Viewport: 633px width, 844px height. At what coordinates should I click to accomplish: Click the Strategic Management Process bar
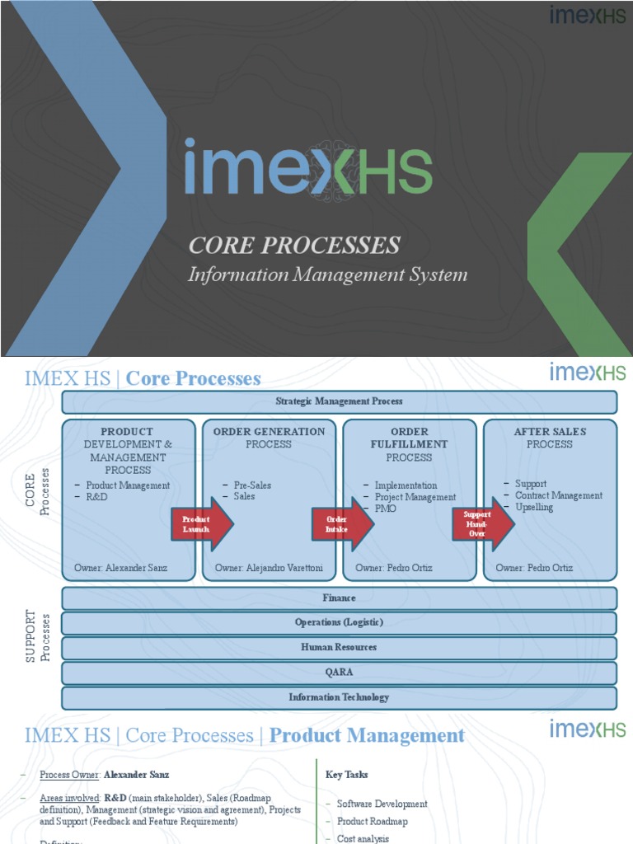click(x=339, y=401)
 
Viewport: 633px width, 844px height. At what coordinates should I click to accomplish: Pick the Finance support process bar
click(x=339, y=598)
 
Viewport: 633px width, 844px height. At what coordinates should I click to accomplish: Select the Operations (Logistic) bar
click(x=339, y=622)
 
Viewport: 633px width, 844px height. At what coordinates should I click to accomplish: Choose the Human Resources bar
click(x=339, y=647)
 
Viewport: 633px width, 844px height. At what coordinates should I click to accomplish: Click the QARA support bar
click(x=339, y=672)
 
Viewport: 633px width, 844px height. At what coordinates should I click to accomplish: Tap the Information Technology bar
click(x=339, y=697)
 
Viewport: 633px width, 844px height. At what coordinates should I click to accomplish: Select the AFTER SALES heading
click(x=550, y=431)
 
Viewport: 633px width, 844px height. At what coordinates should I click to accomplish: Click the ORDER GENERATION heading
click(x=269, y=431)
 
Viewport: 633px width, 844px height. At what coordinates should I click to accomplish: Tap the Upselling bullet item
click(x=534, y=507)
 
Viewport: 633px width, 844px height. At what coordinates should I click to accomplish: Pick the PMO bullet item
click(x=385, y=509)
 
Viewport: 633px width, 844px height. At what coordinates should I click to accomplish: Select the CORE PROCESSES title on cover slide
click(x=294, y=245)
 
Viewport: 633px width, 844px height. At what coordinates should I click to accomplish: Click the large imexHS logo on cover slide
click(x=307, y=168)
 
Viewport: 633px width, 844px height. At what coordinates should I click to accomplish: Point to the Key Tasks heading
click(x=347, y=775)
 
